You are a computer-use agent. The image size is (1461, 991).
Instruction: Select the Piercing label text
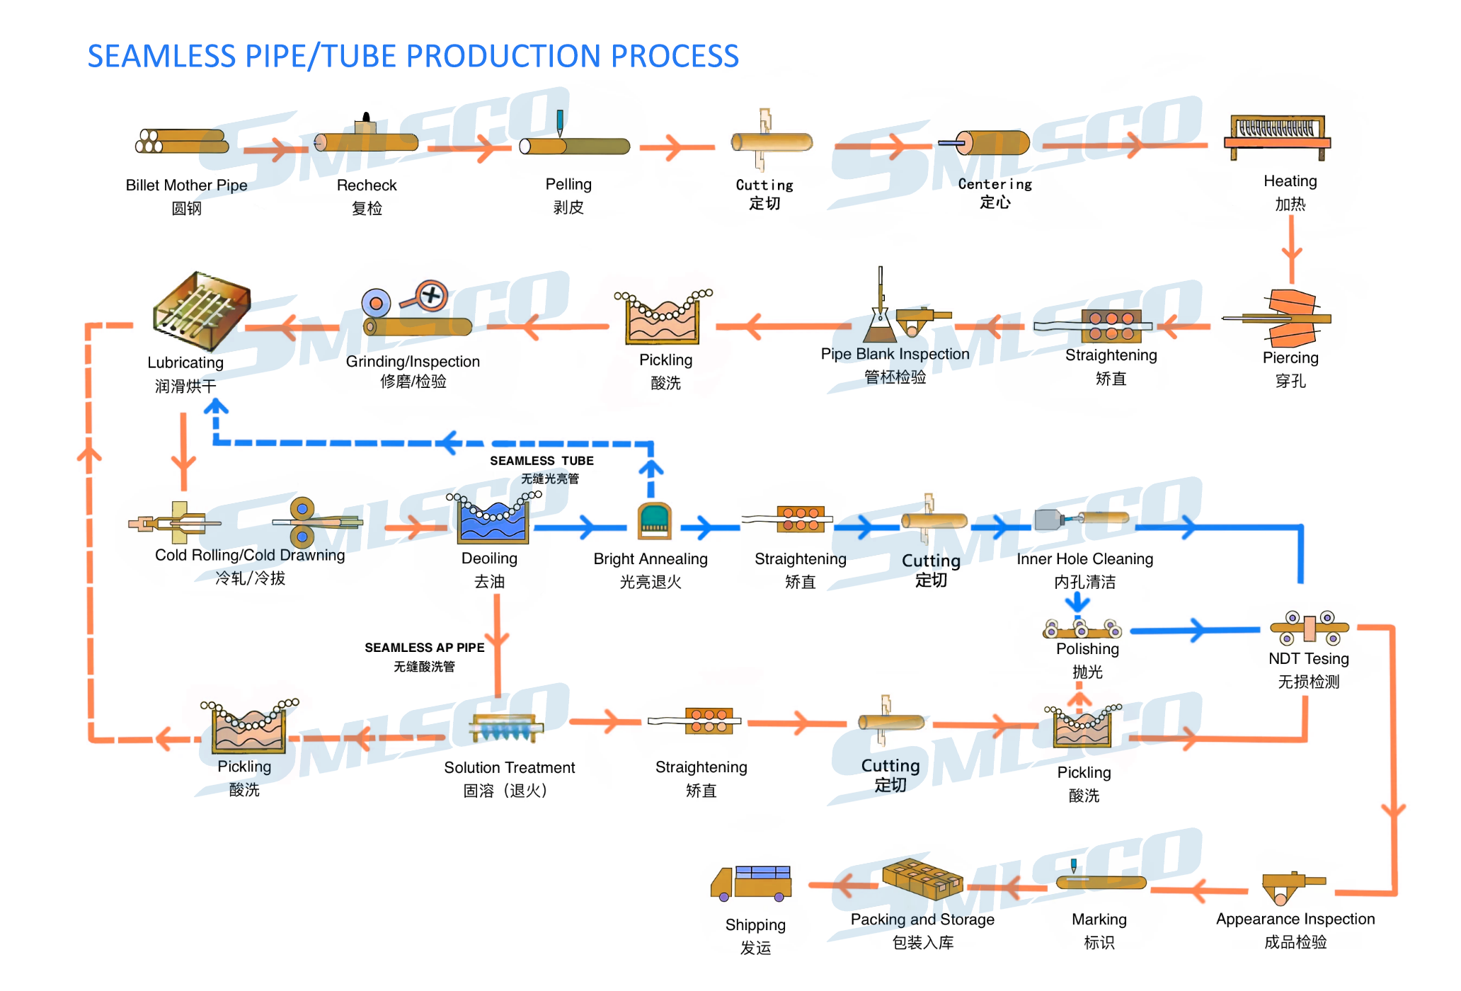(x=1290, y=357)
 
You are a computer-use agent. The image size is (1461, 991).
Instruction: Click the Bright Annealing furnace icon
(x=654, y=522)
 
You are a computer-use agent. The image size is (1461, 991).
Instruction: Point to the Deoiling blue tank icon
(x=493, y=520)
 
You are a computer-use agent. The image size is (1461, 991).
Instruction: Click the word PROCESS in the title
(x=674, y=56)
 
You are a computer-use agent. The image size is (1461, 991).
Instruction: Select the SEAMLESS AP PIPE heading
(x=424, y=648)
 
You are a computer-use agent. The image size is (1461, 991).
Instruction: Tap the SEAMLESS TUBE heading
(x=542, y=461)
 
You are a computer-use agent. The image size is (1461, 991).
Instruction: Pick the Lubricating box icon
(x=202, y=311)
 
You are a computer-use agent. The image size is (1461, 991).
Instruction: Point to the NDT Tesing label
(x=1308, y=658)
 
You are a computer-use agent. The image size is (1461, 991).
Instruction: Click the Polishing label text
(x=1087, y=648)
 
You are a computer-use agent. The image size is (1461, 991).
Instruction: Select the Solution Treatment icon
(x=507, y=728)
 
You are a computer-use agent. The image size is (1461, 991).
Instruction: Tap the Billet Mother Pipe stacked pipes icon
(x=182, y=141)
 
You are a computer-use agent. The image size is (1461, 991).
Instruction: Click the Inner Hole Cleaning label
(x=1084, y=558)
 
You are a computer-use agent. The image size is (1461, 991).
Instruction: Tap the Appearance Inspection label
(x=1295, y=919)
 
